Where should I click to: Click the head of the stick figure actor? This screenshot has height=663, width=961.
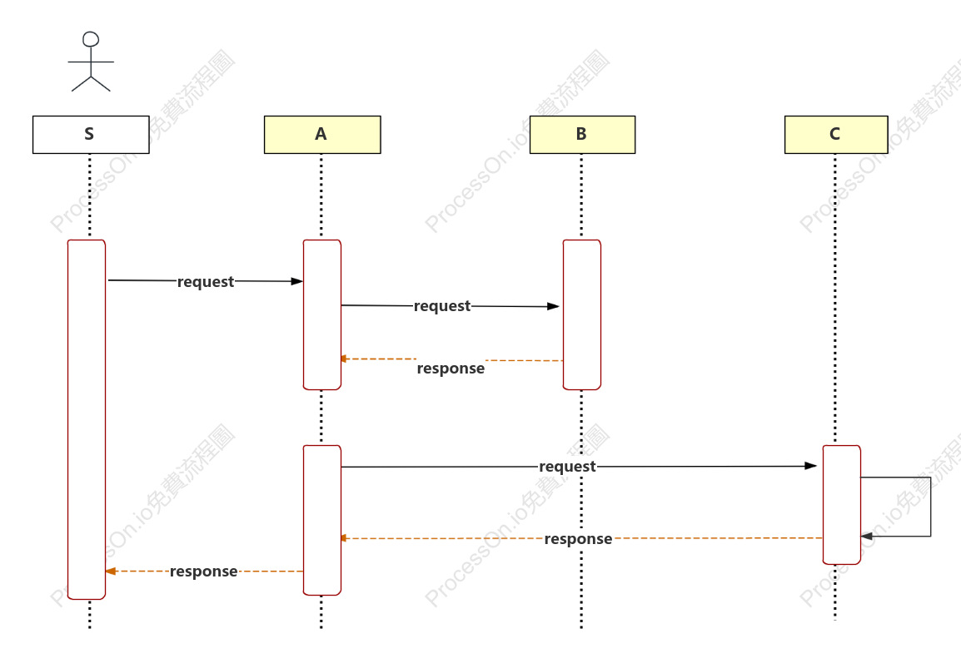click(x=91, y=39)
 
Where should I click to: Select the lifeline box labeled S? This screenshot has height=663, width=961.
click(x=91, y=135)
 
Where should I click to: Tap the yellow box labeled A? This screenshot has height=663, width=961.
click(x=322, y=135)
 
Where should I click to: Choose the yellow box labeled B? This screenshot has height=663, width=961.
click(x=582, y=135)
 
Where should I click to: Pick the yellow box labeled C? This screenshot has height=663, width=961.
click(x=836, y=135)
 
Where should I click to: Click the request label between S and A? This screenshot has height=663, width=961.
click(x=206, y=282)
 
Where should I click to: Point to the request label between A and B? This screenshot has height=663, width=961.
click(x=442, y=306)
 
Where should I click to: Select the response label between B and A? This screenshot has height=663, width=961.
click(x=451, y=369)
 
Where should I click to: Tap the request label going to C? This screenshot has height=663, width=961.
click(x=567, y=467)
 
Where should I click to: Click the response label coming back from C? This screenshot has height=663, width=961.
click(x=578, y=539)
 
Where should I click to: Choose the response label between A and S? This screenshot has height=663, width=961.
click(x=203, y=571)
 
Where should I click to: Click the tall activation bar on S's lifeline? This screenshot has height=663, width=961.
click(x=87, y=419)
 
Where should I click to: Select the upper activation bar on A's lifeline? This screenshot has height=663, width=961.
click(x=322, y=314)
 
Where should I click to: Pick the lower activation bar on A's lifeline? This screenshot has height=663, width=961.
click(x=322, y=521)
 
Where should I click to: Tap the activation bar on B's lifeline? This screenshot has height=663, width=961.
click(x=582, y=314)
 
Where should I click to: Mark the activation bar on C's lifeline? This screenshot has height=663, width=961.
click(x=842, y=504)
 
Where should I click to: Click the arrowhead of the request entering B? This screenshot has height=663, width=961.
click(x=554, y=306)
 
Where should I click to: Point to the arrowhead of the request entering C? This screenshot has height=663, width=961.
click(x=811, y=466)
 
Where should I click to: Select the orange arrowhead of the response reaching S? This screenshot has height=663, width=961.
click(x=110, y=571)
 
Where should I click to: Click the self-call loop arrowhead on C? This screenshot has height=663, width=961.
click(x=867, y=537)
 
